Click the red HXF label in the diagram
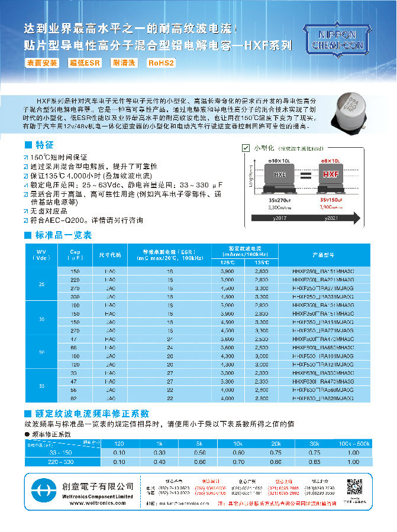click(330, 174)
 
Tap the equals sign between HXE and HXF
click(305, 176)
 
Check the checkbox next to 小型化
click(246, 147)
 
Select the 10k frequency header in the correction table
click(237, 443)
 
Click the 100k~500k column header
click(353, 443)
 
